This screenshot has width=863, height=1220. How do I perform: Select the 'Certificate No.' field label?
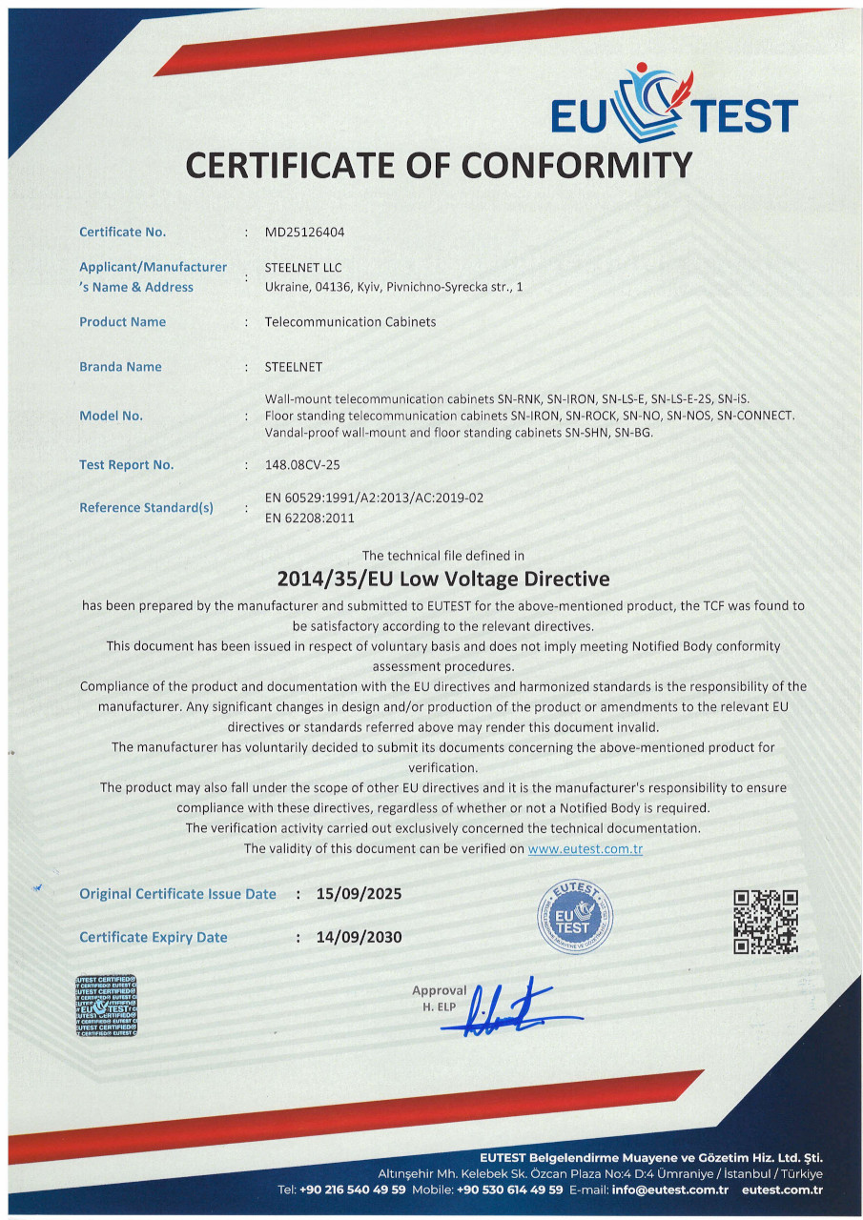(122, 232)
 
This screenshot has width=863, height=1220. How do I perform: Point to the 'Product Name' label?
(122, 322)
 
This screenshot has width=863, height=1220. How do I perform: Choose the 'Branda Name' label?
(120, 367)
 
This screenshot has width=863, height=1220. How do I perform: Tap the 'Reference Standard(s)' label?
(146, 507)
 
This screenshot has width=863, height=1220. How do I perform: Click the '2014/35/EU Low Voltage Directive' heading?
(442, 579)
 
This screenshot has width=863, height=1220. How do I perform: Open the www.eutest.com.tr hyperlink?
(585, 848)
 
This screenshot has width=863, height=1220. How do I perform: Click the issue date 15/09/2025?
(359, 894)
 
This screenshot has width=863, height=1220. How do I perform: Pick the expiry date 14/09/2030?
(359, 937)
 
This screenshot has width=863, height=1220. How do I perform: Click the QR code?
(765, 922)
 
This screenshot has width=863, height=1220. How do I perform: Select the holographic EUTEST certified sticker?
(106, 1006)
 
